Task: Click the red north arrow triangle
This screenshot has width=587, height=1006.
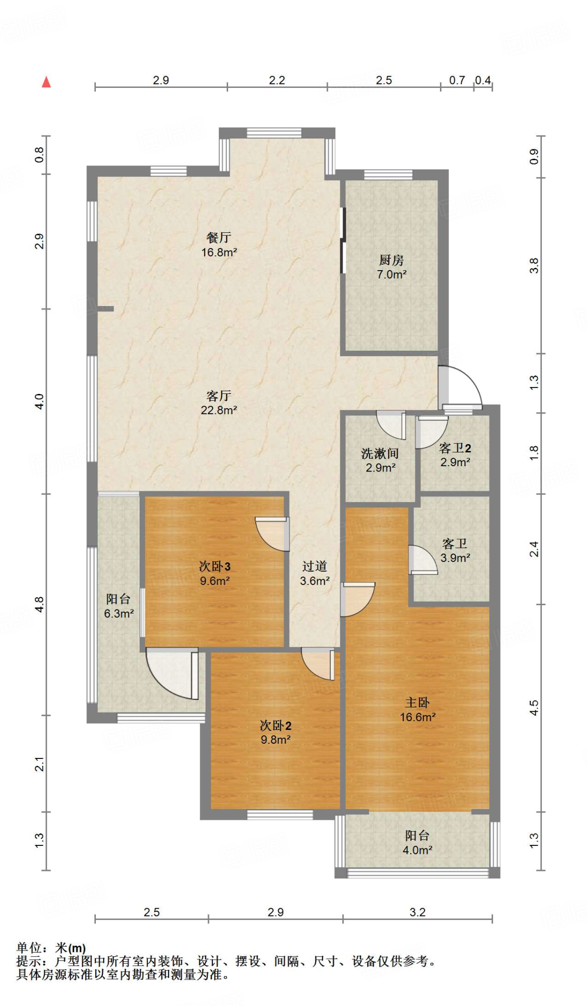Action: click(x=46, y=82)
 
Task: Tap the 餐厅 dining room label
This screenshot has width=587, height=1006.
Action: click(x=219, y=238)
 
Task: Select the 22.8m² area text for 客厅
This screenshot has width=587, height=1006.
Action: click(x=219, y=410)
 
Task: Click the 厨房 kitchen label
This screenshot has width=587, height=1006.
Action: click(x=391, y=260)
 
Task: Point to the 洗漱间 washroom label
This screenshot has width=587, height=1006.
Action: click(x=380, y=453)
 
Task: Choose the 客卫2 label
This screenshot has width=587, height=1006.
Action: click(x=455, y=448)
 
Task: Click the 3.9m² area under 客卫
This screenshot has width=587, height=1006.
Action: click(x=455, y=558)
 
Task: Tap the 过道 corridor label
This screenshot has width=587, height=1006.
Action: click(x=315, y=566)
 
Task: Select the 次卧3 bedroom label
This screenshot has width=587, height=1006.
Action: click(x=215, y=566)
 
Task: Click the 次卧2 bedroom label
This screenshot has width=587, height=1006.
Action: click(x=276, y=726)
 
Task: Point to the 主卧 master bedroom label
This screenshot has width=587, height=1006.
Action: click(x=417, y=703)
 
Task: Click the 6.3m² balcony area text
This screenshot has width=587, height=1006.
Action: click(x=119, y=614)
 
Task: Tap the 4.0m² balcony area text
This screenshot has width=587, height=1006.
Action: click(x=418, y=850)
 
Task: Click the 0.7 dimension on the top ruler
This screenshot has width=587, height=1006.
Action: click(x=457, y=80)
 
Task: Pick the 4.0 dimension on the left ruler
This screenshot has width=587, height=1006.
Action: click(x=39, y=401)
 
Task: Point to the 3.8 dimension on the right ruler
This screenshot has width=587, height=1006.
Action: click(x=534, y=266)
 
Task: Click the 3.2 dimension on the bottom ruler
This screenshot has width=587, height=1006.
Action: click(x=417, y=912)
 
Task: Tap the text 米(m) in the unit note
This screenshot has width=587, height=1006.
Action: click(x=70, y=948)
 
